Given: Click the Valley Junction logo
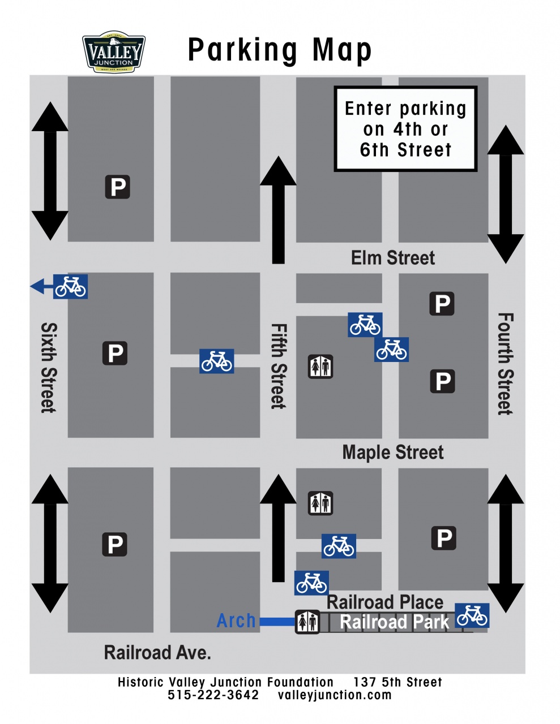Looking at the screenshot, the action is pyautogui.click(x=114, y=53).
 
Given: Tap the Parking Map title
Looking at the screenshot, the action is pyautogui.click(x=280, y=50).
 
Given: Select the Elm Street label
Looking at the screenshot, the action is pyautogui.click(x=392, y=258).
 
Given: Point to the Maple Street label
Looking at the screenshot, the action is pyautogui.click(x=392, y=453).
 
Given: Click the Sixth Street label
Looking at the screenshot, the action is pyautogui.click(x=49, y=368).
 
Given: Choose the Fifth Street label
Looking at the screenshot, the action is pyautogui.click(x=278, y=366).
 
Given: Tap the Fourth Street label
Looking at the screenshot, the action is pyautogui.click(x=505, y=364).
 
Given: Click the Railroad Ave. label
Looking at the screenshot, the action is pyautogui.click(x=157, y=653).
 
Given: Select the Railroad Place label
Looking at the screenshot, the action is pyautogui.click(x=385, y=602).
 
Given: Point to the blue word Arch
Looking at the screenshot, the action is pyautogui.click(x=236, y=621).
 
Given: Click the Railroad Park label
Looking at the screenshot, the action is pyautogui.click(x=394, y=622).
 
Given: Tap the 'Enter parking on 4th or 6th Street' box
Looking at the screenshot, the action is pyautogui.click(x=405, y=129).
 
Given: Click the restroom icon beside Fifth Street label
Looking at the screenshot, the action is pyautogui.click(x=320, y=367).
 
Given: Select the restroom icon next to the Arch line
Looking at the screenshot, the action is pyautogui.click(x=307, y=622).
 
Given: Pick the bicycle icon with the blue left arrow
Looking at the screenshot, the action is pyautogui.click(x=70, y=286).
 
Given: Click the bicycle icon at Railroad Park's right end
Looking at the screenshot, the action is pyautogui.click(x=472, y=615).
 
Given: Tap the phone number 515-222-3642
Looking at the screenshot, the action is pyautogui.click(x=213, y=695).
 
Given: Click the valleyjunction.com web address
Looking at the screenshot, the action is pyautogui.click(x=335, y=695).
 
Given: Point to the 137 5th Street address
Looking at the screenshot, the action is pyautogui.click(x=397, y=682).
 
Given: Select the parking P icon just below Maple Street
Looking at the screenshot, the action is pyautogui.click(x=444, y=538).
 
